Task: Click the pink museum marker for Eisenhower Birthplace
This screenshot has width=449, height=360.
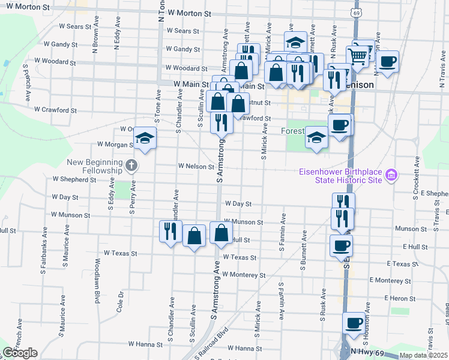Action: pyautogui.click(x=391, y=175)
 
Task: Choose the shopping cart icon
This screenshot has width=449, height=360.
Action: pyautogui.click(x=358, y=56)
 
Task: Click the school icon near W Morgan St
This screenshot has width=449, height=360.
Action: pyautogui.click(x=145, y=139)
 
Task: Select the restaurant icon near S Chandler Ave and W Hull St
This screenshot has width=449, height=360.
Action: pyautogui.click(x=170, y=231)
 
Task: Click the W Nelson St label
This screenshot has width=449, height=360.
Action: pyautogui.click(x=196, y=166)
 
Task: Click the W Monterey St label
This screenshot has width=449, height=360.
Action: pyautogui.click(x=243, y=275)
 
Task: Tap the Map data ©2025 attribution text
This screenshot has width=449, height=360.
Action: pyautogui.click(x=423, y=355)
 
